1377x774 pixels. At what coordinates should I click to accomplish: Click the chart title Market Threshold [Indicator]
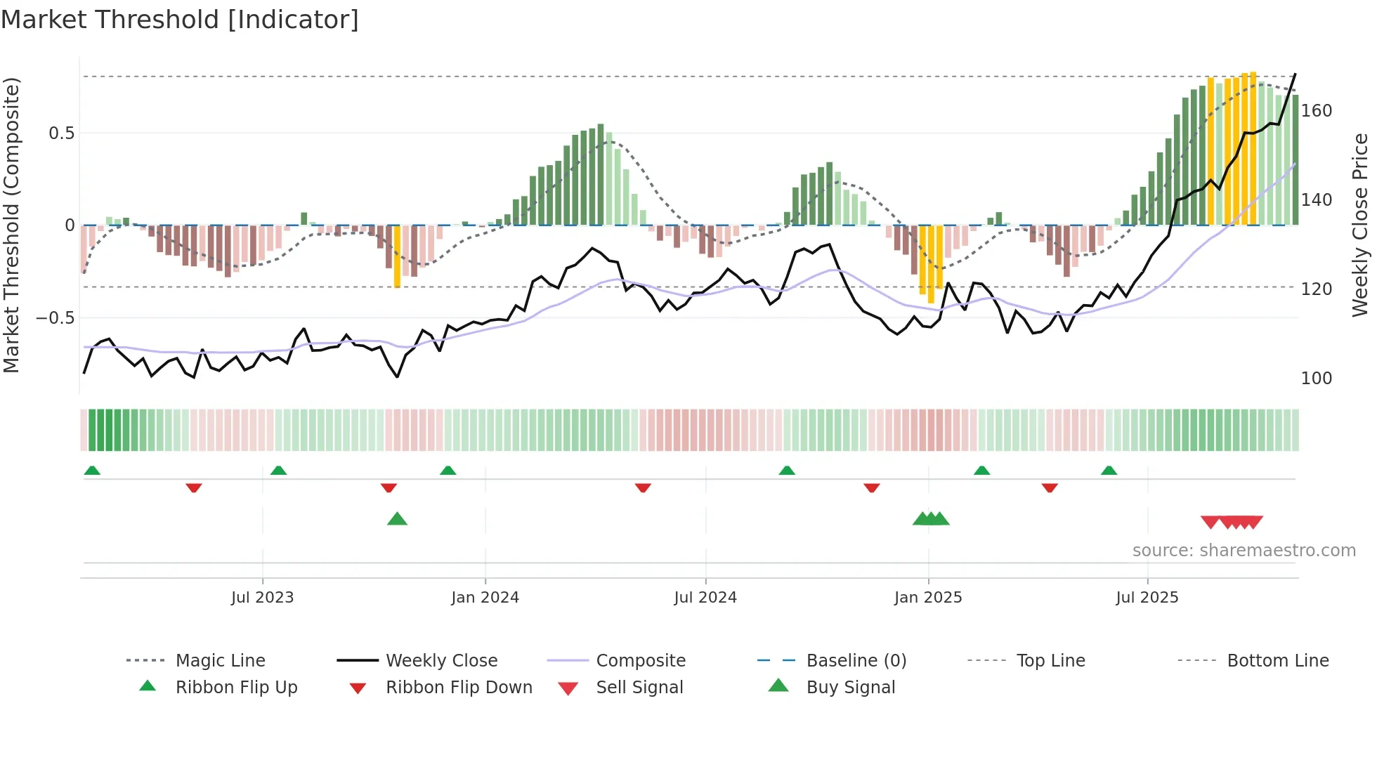click(x=180, y=20)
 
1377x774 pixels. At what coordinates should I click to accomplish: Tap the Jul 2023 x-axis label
click(x=262, y=598)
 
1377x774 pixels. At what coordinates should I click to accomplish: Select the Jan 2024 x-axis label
click(x=485, y=598)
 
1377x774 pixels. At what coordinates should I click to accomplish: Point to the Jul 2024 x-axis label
click(x=705, y=598)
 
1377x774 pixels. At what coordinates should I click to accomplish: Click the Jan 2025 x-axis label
click(x=928, y=598)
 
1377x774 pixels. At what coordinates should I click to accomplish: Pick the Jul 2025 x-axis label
click(x=1147, y=598)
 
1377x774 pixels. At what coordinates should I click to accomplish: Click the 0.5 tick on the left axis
click(x=61, y=133)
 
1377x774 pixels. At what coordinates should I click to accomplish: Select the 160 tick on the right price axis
click(x=1317, y=111)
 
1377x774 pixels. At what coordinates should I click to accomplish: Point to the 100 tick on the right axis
click(x=1317, y=379)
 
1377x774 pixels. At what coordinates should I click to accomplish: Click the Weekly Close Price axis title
click(x=1360, y=225)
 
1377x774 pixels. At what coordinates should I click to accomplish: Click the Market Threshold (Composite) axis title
click(x=11, y=225)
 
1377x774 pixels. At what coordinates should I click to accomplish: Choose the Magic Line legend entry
click(x=220, y=661)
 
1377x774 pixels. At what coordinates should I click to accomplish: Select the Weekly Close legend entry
click(x=441, y=661)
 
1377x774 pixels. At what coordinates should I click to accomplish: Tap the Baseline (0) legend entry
click(x=856, y=661)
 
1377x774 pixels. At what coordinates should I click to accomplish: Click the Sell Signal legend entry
click(x=639, y=688)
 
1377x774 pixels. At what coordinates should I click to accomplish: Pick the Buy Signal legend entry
click(x=850, y=688)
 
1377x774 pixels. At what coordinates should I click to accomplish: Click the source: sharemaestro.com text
click(x=1244, y=551)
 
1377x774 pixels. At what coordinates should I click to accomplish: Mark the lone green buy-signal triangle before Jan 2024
click(x=397, y=520)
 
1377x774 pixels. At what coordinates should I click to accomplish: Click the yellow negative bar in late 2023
click(x=397, y=256)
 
